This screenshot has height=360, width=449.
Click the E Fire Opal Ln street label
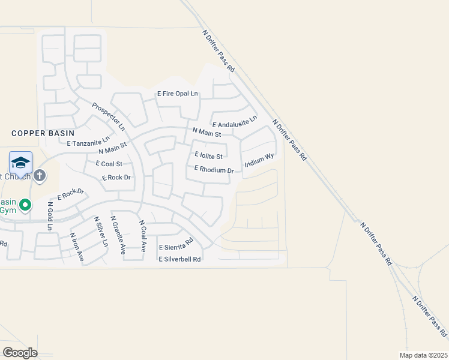pos(177,94)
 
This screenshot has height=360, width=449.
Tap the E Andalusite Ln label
pos(234,122)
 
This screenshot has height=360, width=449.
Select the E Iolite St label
pos(208,155)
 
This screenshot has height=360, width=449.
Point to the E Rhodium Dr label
pos(213,170)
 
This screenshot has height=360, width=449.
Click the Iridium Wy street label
pos(259,163)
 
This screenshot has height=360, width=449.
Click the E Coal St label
pos(109,163)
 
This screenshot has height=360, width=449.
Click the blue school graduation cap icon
pos(20,163)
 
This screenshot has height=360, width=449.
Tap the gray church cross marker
pos(40,176)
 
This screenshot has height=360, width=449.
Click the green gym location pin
pos(25,206)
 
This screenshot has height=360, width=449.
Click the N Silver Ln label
pos(100,232)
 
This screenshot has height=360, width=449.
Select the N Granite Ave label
pos(118,235)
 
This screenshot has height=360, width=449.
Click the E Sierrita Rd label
pos(176,245)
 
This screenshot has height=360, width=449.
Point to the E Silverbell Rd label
pos(180,259)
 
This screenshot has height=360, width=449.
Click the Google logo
pos(19,353)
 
